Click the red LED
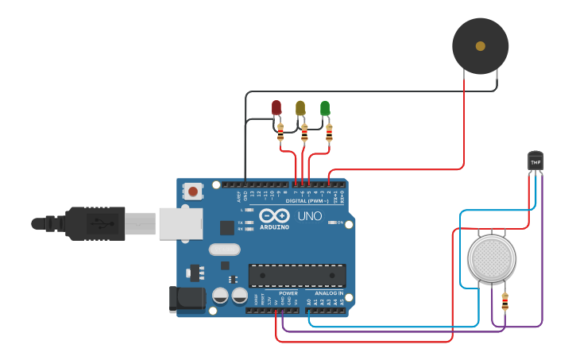click(x=276, y=107)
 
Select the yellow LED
click(x=300, y=107)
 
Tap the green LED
click(x=325, y=107)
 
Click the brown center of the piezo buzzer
click(x=480, y=46)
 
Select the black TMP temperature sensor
click(x=535, y=161)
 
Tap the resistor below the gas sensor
click(x=504, y=302)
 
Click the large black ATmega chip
click(x=297, y=275)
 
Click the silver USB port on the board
click(x=182, y=223)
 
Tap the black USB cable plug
click(x=95, y=223)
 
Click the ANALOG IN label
click(x=329, y=293)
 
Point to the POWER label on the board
click(x=288, y=293)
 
